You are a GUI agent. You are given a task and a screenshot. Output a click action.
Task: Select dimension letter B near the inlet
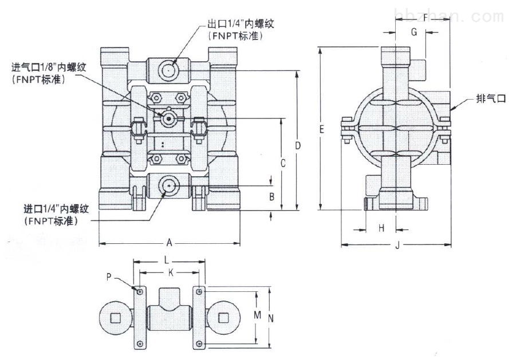273,197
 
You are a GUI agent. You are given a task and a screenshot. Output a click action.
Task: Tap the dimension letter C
283,163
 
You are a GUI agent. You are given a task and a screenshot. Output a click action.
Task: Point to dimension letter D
298,146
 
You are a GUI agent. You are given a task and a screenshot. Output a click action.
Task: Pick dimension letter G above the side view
414,32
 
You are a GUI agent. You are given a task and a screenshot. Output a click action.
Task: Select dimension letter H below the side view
381,228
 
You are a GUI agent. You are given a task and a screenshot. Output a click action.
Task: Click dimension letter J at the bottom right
396,247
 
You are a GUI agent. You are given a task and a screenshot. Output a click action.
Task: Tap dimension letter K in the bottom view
170,272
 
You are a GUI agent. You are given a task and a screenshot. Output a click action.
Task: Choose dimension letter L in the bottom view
166,260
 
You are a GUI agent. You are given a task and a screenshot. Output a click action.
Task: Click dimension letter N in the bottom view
271,318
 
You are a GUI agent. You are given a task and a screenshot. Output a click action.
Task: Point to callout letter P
109,277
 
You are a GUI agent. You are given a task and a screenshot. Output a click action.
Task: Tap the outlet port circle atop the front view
168,70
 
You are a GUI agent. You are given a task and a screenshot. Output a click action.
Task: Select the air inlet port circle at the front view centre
168,119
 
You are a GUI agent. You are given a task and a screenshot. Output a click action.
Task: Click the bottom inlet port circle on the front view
168,185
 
